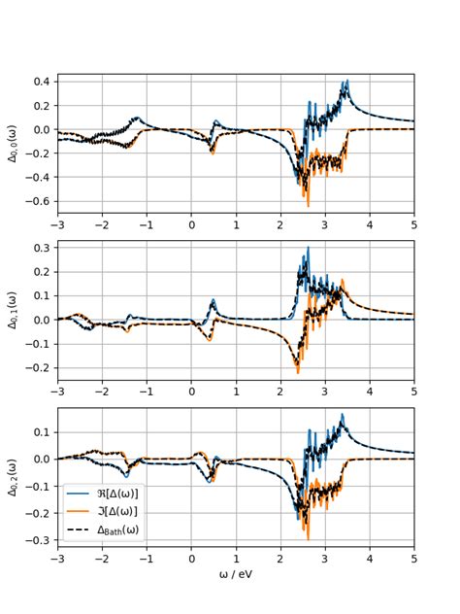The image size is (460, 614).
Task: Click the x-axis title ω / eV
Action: tap(236, 574)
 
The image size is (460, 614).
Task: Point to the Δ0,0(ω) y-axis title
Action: tap(13, 144)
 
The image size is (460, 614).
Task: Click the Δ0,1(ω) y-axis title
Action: tap(13, 310)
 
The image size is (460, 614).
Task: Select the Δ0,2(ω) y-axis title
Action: tap(13, 477)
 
